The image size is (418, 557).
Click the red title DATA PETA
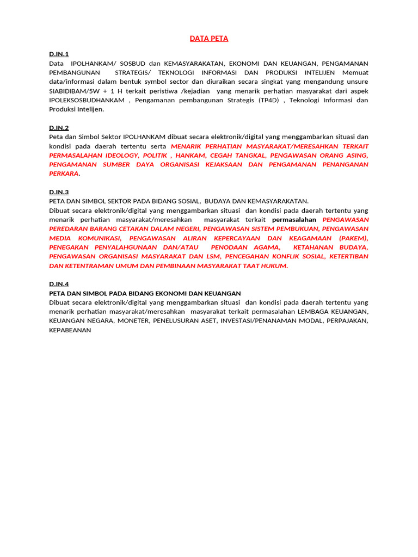(x=209, y=39)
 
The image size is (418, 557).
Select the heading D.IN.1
(x=59, y=54)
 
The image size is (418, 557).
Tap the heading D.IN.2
(x=59, y=128)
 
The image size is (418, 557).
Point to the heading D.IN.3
(x=59, y=192)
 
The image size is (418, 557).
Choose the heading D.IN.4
(x=59, y=284)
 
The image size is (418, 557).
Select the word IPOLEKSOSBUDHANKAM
(x=88, y=100)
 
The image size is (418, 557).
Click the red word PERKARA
(x=64, y=174)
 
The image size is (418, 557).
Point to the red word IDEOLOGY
(x=122, y=155)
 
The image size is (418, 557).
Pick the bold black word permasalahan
(x=294, y=220)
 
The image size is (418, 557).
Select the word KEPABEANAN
(x=70, y=330)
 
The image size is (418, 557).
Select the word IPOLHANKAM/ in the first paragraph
(x=91, y=64)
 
